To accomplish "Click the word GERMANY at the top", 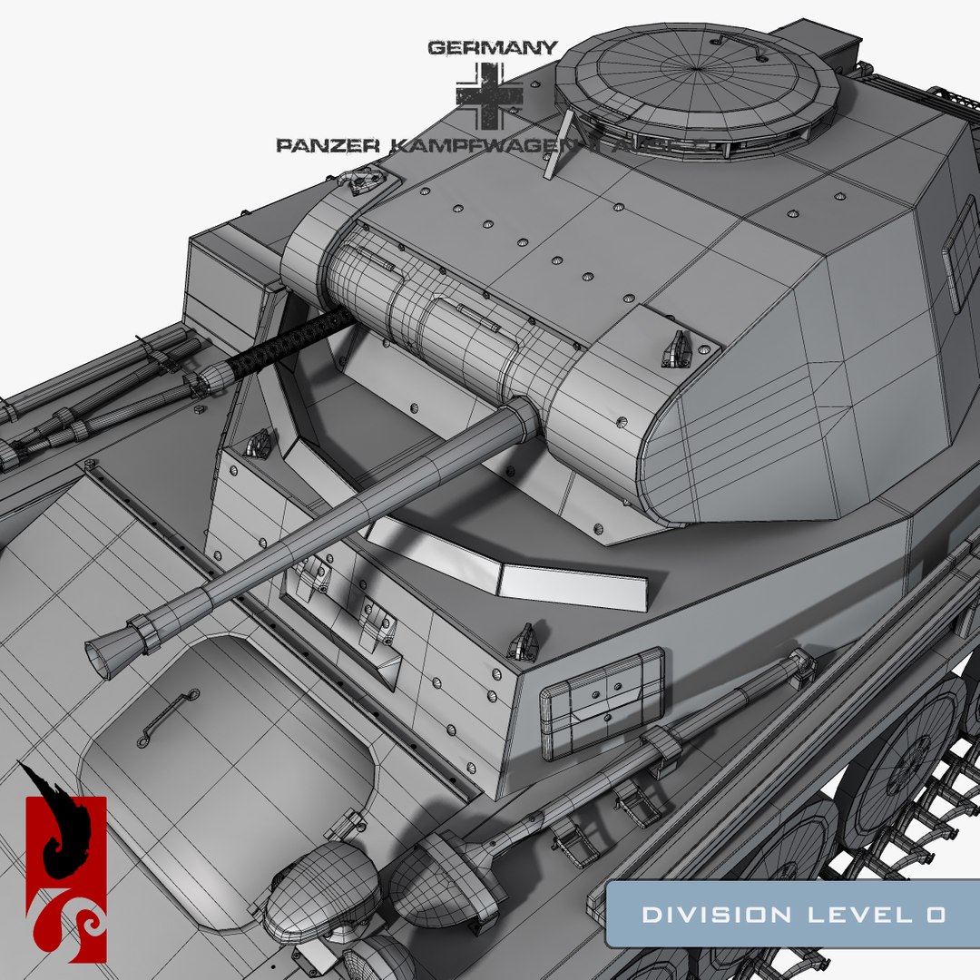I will pyautogui.click(x=492, y=47).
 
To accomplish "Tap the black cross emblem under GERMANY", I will pyautogui.click(x=489, y=96).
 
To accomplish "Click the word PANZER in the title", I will pyautogui.click(x=320, y=144).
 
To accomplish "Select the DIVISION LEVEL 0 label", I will pyautogui.click(x=793, y=915).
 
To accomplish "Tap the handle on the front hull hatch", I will pyautogui.click(x=167, y=717).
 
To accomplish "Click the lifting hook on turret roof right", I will pyautogui.click(x=676, y=348).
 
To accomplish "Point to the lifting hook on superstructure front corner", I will pyautogui.click(x=523, y=641).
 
